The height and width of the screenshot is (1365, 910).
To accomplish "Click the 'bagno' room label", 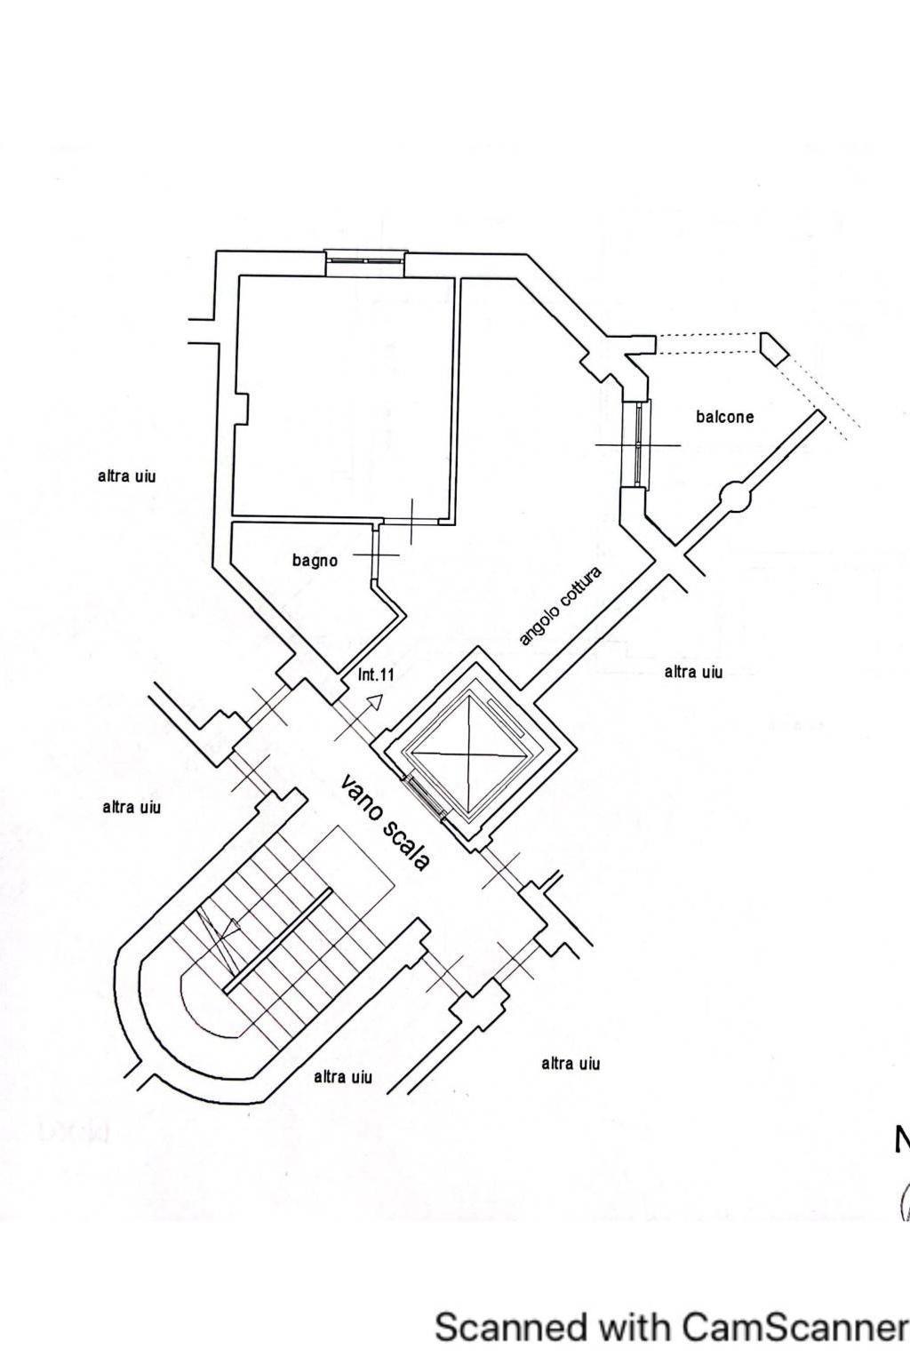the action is [x=315, y=560].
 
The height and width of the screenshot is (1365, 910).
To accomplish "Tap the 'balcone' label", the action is [x=724, y=417].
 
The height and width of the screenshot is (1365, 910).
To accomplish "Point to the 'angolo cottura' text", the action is [x=560, y=606].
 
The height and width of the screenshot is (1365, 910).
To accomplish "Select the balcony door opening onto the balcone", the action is [x=637, y=444].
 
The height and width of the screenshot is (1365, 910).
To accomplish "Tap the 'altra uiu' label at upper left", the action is [x=127, y=476].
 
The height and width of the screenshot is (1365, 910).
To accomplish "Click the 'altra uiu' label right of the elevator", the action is [x=694, y=672].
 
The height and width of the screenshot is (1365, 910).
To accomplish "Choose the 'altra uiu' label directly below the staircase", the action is [x=342, y=1077].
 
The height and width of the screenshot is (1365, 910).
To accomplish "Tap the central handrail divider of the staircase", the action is [x=278, y=941].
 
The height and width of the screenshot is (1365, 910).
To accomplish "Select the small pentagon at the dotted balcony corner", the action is [x=773, y=349].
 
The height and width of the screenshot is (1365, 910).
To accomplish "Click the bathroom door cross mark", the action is [x=376, y=555].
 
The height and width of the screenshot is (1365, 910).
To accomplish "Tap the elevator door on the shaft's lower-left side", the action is [x=425, y=798].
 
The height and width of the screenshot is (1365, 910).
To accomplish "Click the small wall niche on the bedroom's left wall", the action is [x=242, y=409].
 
